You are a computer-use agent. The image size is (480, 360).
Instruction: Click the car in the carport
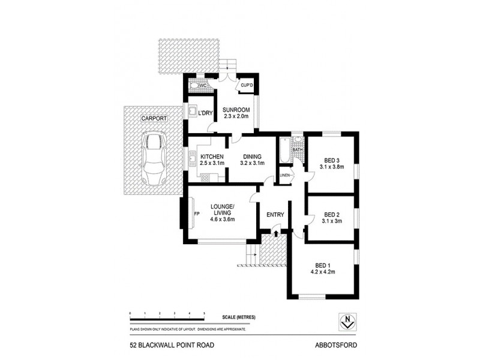154,160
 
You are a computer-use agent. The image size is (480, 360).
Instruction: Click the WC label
203,86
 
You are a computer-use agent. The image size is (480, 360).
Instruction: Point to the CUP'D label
247,86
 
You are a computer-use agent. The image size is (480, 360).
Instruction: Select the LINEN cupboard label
285,175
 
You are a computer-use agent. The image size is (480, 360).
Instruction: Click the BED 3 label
332,160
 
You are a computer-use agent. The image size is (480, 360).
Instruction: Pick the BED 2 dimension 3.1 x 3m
332,221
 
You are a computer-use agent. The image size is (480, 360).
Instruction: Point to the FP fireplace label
196,214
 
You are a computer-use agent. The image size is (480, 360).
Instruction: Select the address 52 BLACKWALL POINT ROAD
171,346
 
